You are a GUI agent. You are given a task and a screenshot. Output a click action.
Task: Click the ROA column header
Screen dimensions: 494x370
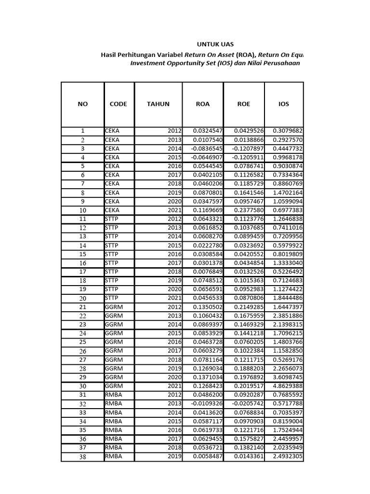click(x=203, y=104)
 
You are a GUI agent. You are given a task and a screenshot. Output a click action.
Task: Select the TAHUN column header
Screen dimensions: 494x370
click(x=158, y=104)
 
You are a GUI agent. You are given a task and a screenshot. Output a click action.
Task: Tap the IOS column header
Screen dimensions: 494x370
click(x=284, y=104)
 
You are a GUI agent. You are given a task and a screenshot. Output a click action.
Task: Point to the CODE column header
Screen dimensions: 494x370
click(x=119, y=104)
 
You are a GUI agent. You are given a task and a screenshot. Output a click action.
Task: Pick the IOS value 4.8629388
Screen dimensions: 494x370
click(x=288, y=386)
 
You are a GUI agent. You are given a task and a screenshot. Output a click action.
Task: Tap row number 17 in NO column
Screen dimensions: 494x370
click(x=82, y=272)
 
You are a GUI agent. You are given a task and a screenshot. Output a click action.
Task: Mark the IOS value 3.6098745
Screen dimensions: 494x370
click(x=288, y=377)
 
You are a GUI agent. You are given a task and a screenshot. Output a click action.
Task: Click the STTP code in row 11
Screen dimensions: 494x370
click(x=112, y=219)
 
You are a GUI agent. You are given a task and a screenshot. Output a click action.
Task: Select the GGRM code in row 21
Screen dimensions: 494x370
click(x=114, y=307)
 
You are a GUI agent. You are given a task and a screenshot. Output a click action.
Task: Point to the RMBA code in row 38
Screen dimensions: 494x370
click(x=113, y=456)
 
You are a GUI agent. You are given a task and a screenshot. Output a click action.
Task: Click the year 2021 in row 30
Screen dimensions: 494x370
click(x=174, y=386)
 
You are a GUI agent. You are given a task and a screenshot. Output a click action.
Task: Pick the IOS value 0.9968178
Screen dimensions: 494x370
click(x=288, y=157)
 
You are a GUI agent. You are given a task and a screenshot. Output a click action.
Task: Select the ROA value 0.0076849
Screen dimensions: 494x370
click(x=208, y=272)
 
